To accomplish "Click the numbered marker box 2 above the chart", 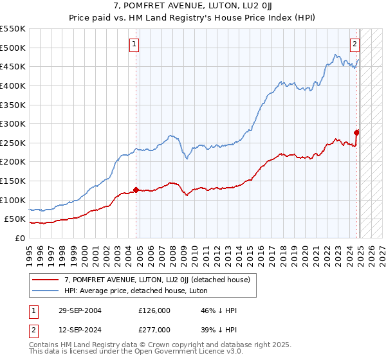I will [x=354, y=44].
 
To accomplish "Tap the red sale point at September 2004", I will [x=136, y=190].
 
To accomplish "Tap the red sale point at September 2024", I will [x=357, y=132].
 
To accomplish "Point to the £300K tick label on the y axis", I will [x=14, y=123].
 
